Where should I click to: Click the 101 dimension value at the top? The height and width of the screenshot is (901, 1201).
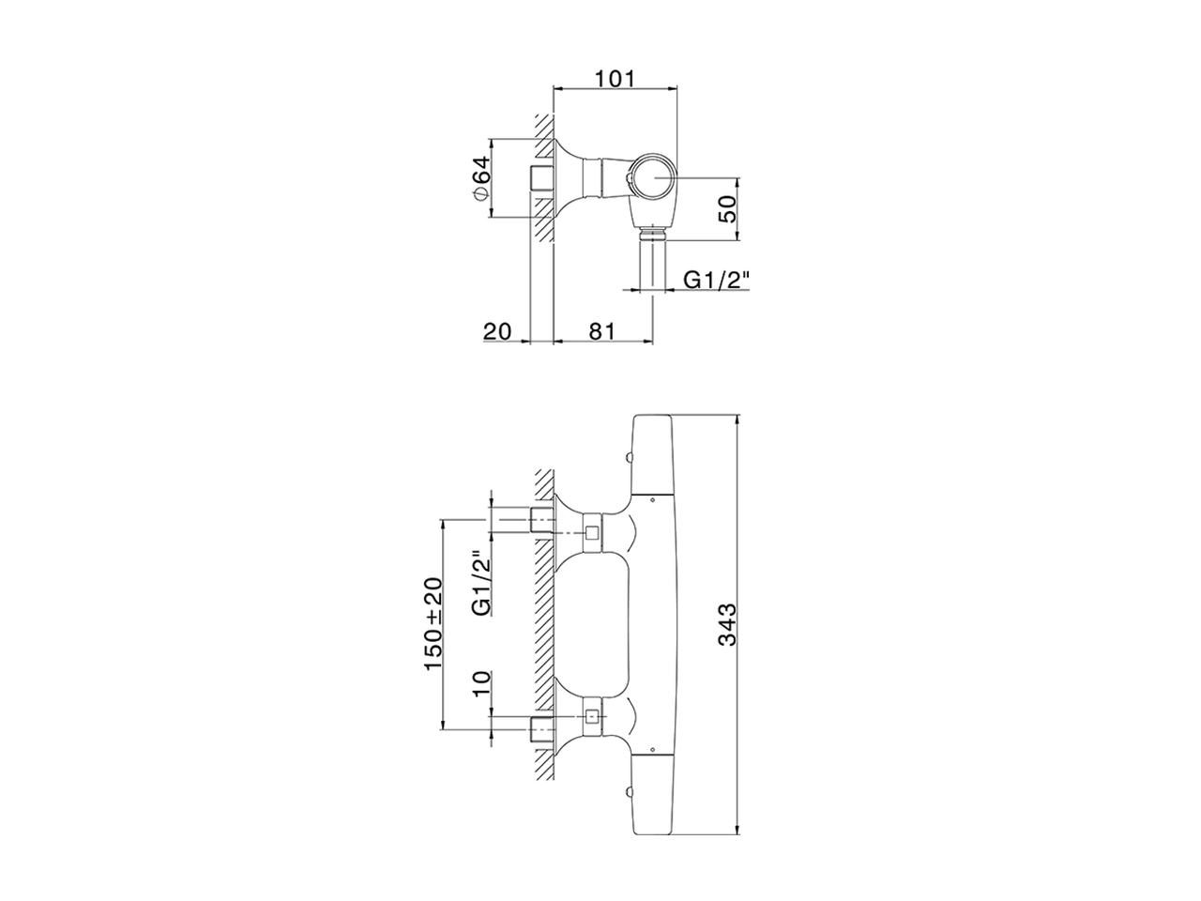[x=616, y=78]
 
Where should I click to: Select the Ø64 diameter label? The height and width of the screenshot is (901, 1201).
[x=479, y=178]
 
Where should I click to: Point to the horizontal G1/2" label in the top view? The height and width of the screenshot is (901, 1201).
[x=717, y=279]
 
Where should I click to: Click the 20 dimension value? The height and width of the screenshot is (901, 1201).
[x=496, y=329]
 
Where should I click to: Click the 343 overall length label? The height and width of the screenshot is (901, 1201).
[x=728, y=624]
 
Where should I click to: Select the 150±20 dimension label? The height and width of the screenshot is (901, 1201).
[x=433, y=623]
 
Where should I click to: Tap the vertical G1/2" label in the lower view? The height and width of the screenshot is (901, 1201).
[x=482, y=583]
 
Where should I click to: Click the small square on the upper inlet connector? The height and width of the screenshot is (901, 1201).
[x=592, y=534]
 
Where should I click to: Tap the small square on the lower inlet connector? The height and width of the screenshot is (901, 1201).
[x=592, y=719]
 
